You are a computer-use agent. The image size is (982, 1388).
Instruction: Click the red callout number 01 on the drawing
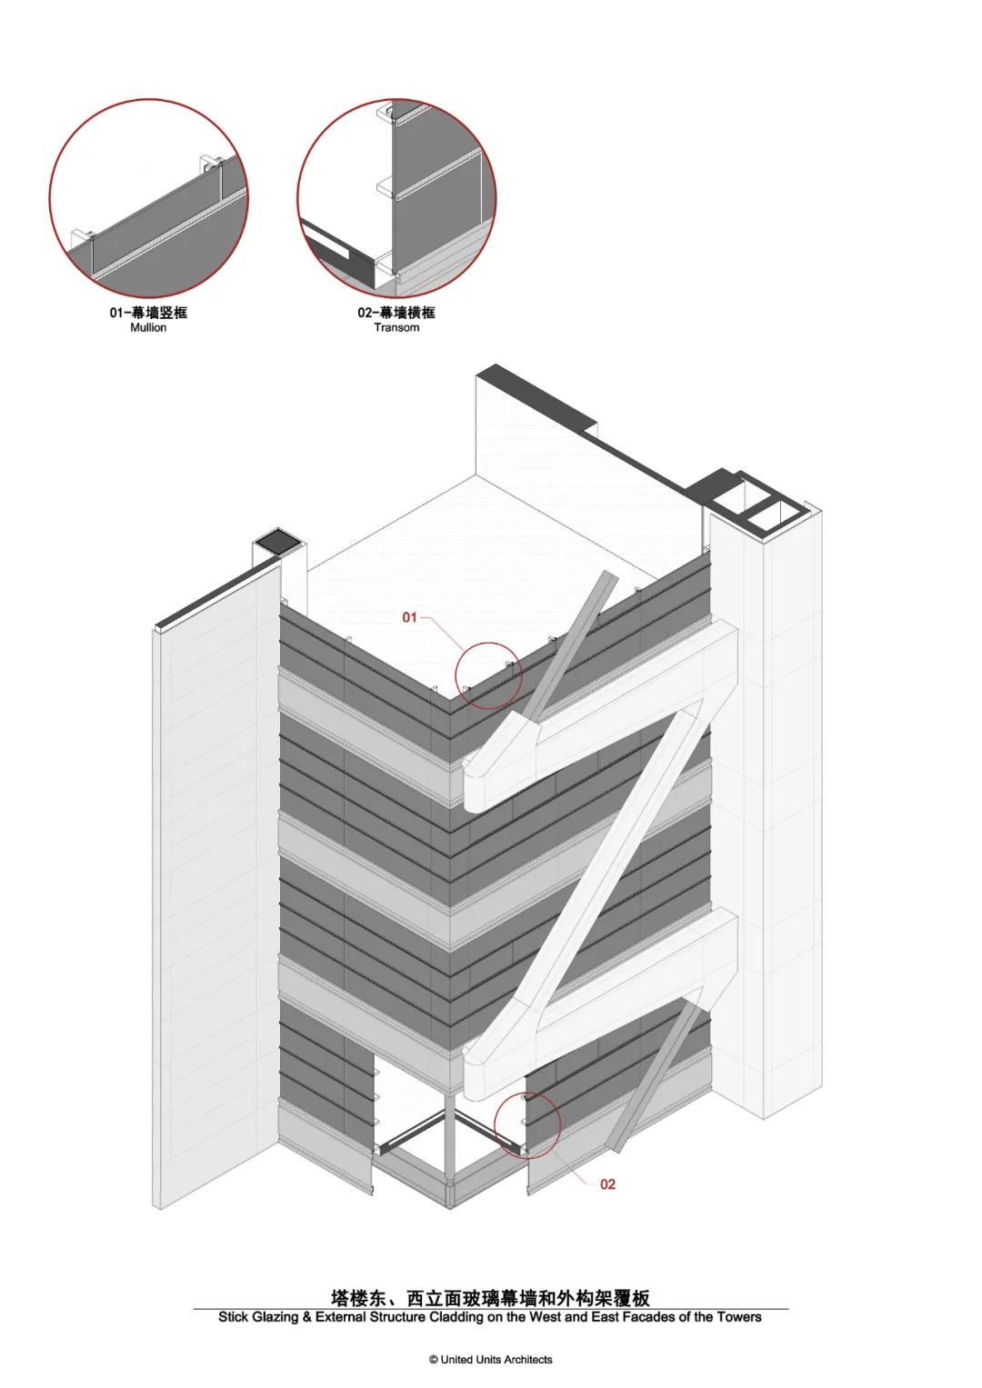tap(409, 617)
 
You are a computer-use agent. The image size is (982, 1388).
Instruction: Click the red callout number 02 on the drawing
tap(607, 1183)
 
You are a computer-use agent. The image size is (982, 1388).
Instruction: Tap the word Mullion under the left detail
tap(148, 327)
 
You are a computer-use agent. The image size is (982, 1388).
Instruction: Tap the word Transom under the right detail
tap(396, 327)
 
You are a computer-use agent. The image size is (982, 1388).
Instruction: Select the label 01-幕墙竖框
tap(148, 313)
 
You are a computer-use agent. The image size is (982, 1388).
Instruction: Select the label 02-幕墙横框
tap(396, 313)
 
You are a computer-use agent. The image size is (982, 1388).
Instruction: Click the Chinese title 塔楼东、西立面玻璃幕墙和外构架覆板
tap(490, 1297)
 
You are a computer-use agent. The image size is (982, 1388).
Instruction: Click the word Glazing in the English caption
tap(274, 1317)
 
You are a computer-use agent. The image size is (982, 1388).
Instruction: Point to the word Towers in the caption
tap(739, 1317)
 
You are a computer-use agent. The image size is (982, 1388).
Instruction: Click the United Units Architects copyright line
tap(491, 1360)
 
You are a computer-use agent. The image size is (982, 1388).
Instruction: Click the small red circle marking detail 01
tap(488, 676)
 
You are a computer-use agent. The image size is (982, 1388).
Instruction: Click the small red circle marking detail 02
tap(527, 1124)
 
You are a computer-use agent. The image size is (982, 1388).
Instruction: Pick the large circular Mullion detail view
tap(148, 197)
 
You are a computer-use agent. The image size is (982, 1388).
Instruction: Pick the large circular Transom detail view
tap(396, 197)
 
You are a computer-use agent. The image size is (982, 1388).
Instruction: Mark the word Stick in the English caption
tap(233, 1317)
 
